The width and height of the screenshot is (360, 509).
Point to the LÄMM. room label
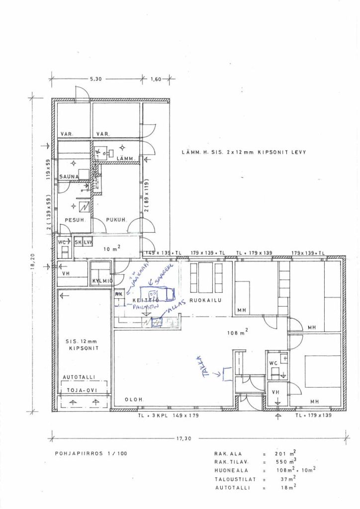[124, 159]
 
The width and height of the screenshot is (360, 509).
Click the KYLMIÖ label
[102, 281]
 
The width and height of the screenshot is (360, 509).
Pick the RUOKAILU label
[205, 301]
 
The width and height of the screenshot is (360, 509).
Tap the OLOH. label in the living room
[134, 400]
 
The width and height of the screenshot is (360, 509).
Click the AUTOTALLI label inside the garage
[79, 378]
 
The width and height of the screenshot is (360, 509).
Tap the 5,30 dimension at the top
[95, 79]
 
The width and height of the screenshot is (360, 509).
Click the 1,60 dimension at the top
[155, 79]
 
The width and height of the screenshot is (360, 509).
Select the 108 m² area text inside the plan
[238, 333]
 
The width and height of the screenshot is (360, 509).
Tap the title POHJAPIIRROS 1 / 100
[84, 454]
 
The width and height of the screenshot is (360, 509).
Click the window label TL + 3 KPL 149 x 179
[168, 416]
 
